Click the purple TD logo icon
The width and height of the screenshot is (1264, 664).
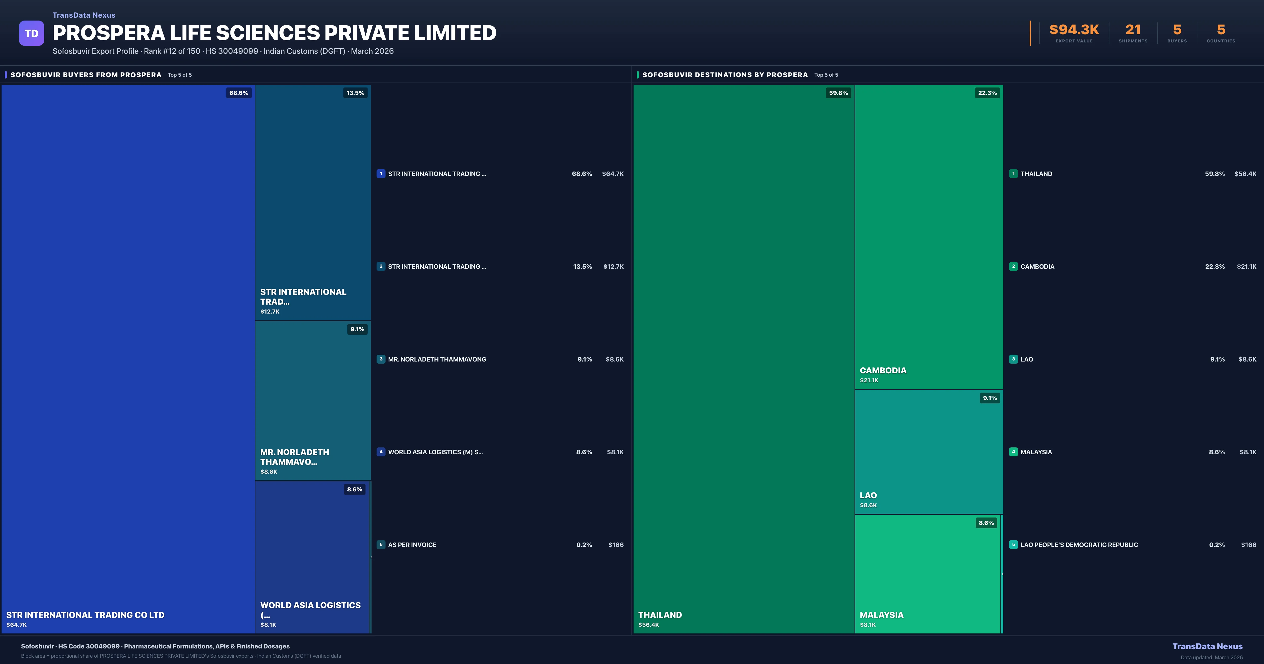31,33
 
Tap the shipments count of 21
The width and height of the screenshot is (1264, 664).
1133,30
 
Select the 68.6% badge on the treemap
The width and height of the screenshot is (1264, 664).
239,93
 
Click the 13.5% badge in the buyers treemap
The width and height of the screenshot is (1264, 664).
355,93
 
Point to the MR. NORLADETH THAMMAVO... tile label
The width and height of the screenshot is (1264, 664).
294,457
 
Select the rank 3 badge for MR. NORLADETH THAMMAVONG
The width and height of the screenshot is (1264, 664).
381,359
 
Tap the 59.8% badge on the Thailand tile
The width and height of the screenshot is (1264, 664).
838,93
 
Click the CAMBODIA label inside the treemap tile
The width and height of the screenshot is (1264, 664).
883,370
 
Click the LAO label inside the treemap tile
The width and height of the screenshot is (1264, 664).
868,495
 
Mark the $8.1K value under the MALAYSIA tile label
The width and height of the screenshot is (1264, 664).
867,625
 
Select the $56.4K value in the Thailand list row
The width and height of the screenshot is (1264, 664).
1245,174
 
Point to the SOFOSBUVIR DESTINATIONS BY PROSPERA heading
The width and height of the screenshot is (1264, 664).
725,75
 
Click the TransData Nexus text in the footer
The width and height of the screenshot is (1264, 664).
1207,646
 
